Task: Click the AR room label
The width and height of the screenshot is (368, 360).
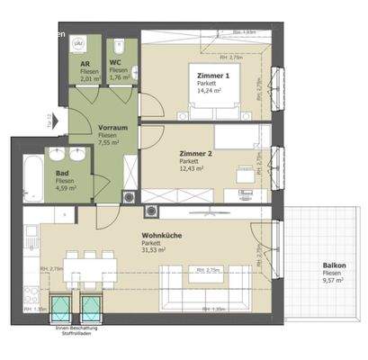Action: coord(84,65)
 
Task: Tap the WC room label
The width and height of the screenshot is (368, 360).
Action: coord(116,65)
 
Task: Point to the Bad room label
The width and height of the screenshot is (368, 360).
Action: coord(62,174)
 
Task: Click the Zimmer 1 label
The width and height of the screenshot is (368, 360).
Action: coord(214,76)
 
